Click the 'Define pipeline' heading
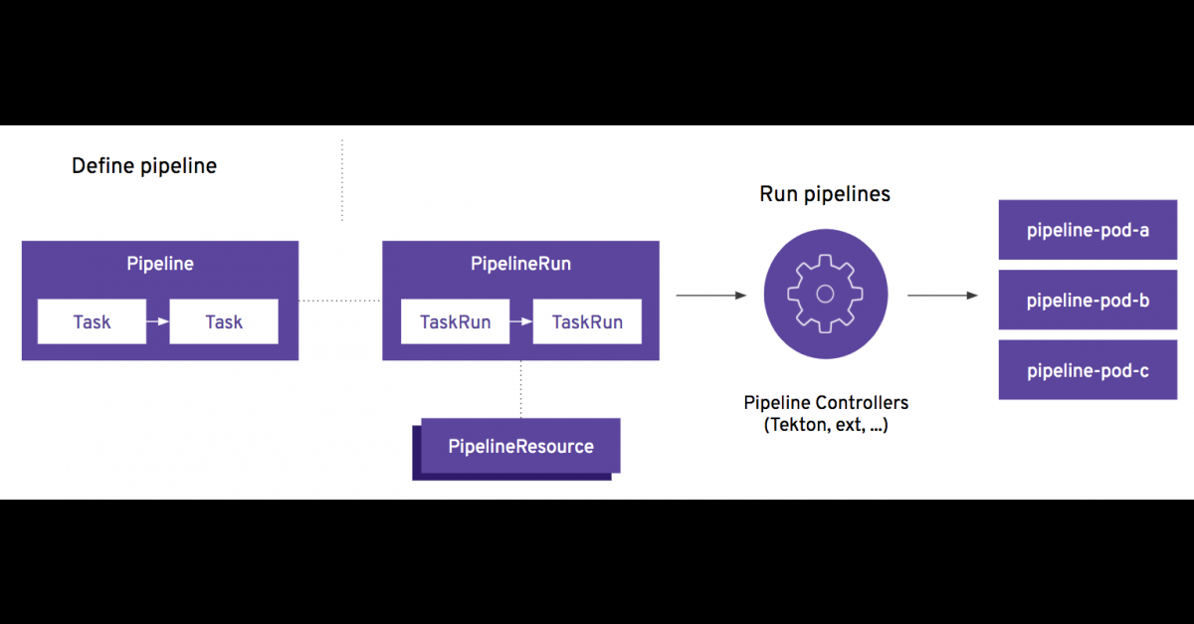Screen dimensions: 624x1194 [x=144, y=165]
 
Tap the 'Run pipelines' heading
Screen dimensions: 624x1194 [x=825, y=194]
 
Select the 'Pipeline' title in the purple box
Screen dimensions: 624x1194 [x=160, y=264]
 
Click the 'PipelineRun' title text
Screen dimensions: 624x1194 [x=520, y=264]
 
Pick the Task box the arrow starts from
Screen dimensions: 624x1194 [x=92, y=321]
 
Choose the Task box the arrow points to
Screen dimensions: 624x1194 [x=224, y=321]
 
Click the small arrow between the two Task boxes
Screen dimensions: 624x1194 [x=157, y=321]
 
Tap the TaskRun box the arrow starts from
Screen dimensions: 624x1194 [x=453, y=321]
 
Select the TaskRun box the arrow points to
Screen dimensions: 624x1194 [x=587, y=321]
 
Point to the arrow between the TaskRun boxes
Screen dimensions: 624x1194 [x=519, y=321]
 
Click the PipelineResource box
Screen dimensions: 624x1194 [x=520, y=446]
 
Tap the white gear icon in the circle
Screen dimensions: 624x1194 [x=824, y=294]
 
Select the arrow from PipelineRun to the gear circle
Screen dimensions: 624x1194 [x=710, y=295]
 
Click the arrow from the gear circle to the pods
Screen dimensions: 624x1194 [x=941, y=295]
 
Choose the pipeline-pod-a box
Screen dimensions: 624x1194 [x=1088, y=230]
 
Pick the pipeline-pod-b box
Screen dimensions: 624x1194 [x=1088, y=300]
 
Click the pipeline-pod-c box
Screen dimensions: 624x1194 [x=1088, y=370]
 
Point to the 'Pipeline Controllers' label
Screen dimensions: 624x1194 [x=826, y=403]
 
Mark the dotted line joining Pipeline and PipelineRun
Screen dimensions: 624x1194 [x=340, y=300]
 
